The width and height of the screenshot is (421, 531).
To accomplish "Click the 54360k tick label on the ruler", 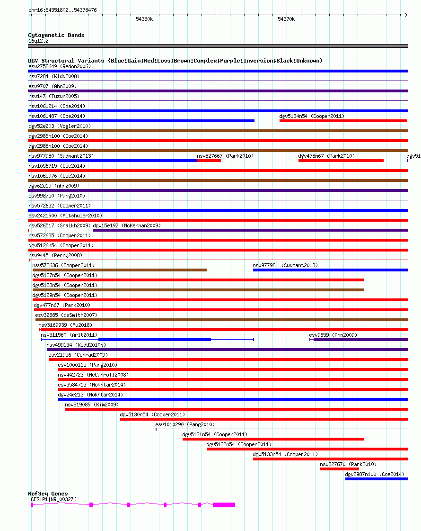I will [x=144, y=19].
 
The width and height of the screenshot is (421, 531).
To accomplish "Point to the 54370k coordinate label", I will [x=286, y=19].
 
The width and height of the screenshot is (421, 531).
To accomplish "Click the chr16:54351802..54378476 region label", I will [x=62, y=10].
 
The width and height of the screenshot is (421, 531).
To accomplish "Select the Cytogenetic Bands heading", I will [x=56, y=35].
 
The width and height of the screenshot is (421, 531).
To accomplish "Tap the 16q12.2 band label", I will [x=38, y=41].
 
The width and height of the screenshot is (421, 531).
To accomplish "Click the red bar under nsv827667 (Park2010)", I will [x=209, y=161].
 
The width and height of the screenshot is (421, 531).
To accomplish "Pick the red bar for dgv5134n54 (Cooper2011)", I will [x=343, y=121].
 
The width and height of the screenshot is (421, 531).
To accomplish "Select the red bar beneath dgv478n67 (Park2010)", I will [x=341, y=161].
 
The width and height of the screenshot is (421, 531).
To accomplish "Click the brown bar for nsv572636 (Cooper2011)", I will [x=120, y=270].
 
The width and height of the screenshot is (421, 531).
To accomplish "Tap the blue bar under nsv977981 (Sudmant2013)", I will [x=330, y=270].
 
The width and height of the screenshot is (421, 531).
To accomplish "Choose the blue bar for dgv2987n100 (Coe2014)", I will [x=376, y=479].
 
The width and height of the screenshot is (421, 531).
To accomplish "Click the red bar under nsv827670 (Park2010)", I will [x=339, y=469].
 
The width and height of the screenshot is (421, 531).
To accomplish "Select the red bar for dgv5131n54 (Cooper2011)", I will [x=273, y=439].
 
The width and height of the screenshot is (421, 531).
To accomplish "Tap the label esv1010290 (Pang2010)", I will [x=184, y=424].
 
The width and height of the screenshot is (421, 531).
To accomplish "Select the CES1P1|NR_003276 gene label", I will [x=53, y=499].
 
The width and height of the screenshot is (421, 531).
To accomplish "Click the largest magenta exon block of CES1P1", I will [x=224, y=505].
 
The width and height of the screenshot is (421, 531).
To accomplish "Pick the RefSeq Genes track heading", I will [x=48, y=494].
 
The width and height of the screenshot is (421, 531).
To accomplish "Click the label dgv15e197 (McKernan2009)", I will [x=127, y=225].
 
